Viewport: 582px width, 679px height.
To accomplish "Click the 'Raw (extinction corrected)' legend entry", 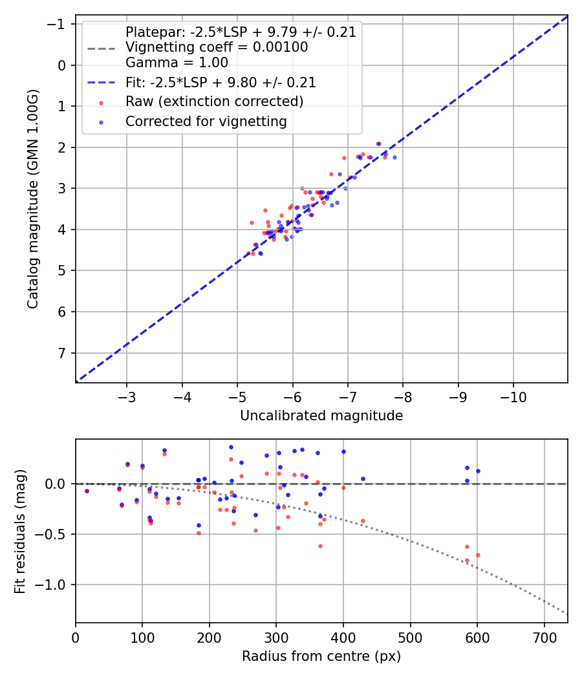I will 214,102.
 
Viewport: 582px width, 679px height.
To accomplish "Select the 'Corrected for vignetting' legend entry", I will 206,121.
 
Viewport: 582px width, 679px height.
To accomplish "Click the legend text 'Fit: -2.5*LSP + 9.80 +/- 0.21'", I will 221,82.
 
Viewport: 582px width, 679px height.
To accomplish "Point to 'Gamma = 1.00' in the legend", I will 177,63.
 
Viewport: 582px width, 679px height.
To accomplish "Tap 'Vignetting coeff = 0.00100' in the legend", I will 217,47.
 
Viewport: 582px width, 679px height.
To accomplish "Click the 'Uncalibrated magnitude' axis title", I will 321,416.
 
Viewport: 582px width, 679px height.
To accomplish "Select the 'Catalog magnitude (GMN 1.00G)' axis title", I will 33,199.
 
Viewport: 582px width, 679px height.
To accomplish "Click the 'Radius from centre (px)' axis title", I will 321,656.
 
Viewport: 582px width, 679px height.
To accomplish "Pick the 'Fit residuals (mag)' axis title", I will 20,532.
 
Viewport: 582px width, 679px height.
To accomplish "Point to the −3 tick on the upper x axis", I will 127,394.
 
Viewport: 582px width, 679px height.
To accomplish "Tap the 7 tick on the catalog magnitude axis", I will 62,353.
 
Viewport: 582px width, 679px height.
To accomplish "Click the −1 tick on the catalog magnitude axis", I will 59,24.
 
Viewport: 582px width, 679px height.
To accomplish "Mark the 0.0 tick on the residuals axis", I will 58,484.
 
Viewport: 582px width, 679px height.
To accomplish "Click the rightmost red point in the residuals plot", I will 478,555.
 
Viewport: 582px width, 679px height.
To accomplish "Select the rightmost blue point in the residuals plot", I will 478,471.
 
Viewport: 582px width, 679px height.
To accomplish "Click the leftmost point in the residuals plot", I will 87,491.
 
